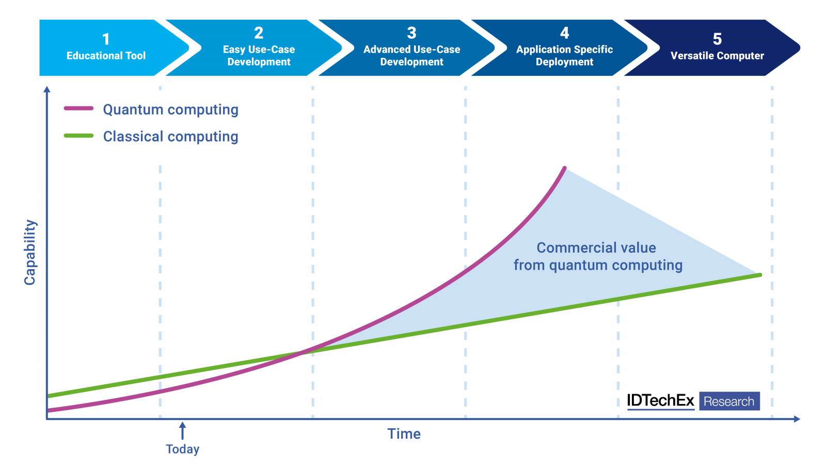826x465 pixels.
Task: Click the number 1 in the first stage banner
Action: coord(106,39)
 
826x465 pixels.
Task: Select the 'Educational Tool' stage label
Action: coord(106,56)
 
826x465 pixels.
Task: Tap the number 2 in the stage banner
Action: coord(259,33)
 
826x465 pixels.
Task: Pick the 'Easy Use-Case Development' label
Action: coord(259,56)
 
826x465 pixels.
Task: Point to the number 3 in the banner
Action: coord(411,33)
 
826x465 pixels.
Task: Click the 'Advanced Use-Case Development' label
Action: coord(411,56)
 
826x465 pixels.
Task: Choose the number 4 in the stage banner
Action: coord(564,33)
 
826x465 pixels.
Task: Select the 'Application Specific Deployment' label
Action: coord(564,56)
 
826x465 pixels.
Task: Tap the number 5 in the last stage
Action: coord(717,39)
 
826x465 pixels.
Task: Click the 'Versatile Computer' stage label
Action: coord(717,56)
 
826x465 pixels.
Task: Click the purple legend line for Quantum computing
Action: coord(78,109)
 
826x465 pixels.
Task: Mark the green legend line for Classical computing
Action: coord(78,136)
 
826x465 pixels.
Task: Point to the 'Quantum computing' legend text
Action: coord(170,110)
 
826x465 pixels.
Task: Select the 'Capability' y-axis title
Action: coord(30,252)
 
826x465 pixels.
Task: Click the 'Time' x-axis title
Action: coord(404,434)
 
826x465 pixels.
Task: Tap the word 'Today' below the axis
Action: coord(182,449)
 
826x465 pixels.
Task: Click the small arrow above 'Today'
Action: coord(182,430)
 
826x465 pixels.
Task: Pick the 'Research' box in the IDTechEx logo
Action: coord(729,401)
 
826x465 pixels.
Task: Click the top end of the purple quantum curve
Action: coord(564,168)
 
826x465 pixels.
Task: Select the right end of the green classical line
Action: coord(759,275)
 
